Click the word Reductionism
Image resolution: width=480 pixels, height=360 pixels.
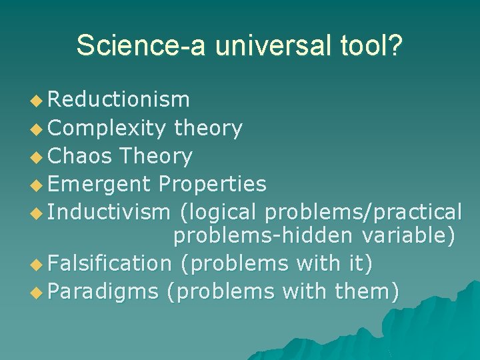119,100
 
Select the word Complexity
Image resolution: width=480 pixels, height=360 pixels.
107,128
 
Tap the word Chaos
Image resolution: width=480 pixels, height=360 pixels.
80,156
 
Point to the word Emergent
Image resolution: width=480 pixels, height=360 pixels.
99,184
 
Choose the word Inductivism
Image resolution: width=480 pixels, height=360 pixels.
109,212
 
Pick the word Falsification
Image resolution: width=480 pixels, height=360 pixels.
109,263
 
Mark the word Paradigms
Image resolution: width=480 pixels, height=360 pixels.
103,291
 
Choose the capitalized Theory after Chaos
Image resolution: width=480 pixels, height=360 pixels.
155,156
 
